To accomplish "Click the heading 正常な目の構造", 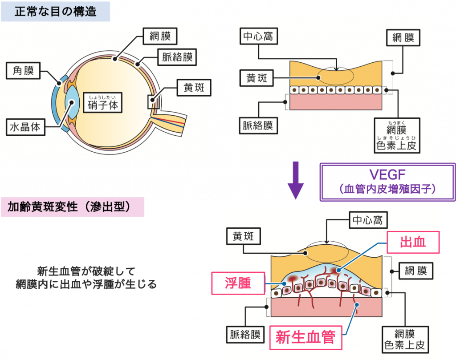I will pyautogui.click(x=55, y=11).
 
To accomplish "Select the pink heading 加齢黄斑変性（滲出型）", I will pyautogui.click(x=73, y=207).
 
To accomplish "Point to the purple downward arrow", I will pyautogui.click(x=295, y=183).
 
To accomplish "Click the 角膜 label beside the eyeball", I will pyautogui.click(x=23, y=70).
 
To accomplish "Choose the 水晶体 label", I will pyautogui.click(x=25, y=127).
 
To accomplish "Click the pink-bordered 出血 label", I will pyautogui.click(x=413, y=242).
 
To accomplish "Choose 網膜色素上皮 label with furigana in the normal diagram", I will pyautogui.click(x=396, y=135).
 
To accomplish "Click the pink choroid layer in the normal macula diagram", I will pyautogui.click(x=336, y=102).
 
